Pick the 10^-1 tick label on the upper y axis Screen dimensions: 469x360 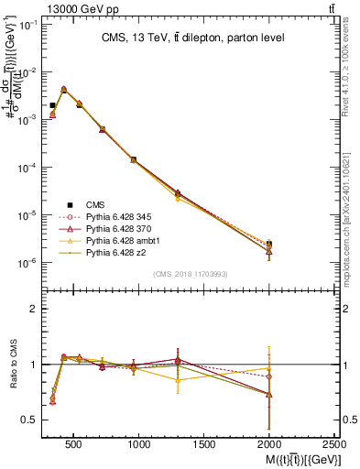click(25, 24)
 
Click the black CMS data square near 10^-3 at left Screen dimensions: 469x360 click(52, 105)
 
